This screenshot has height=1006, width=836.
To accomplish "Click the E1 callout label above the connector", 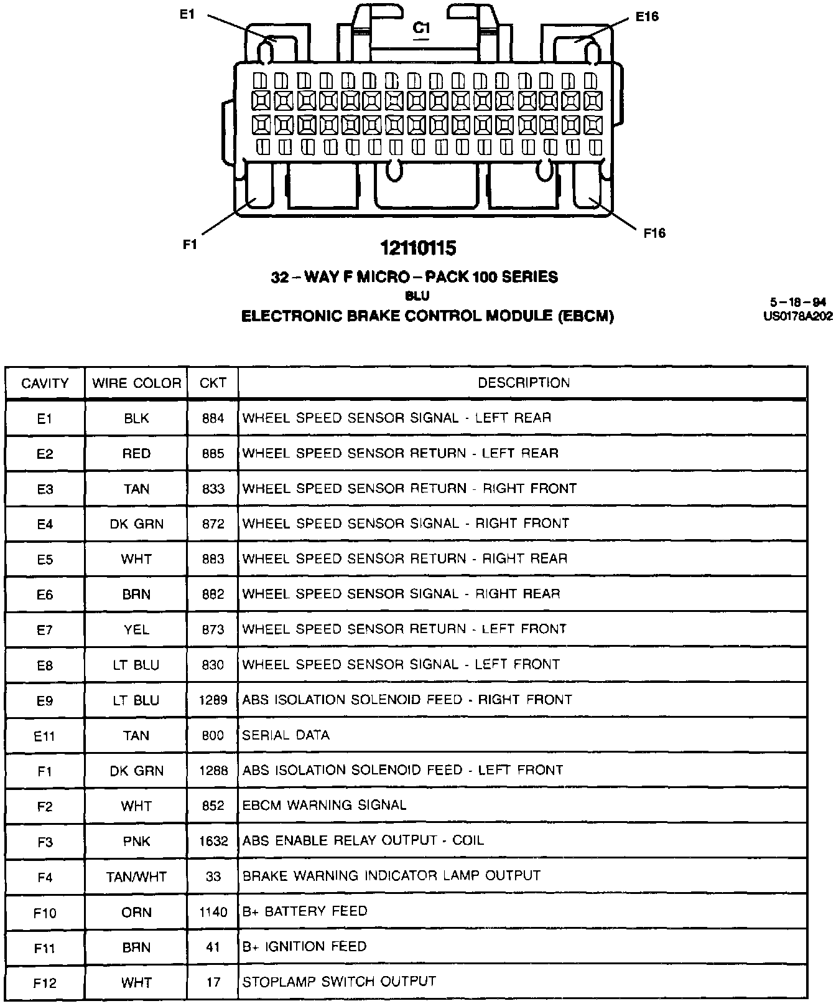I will click(x=188, y=14).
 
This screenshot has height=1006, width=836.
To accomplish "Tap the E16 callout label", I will click(x=647, y=17).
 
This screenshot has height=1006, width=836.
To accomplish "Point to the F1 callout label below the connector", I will click(x=190, y=245).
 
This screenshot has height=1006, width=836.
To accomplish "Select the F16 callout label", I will click(x=654, y=233).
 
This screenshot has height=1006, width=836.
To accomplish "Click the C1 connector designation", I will click(x=422, y=28).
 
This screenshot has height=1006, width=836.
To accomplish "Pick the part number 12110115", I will click(x=419, y=248).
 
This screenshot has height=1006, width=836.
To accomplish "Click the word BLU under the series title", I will click(x=417, y=296).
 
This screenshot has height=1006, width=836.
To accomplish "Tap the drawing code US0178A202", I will click(x=798, y=316).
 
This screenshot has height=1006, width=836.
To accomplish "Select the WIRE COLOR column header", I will click(x=137, y=383).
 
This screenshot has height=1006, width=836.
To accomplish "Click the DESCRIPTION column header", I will click(x=524, y=382).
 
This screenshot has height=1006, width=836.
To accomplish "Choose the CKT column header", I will click(x=213, y=383).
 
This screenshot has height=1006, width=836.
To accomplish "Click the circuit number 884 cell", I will click(x=213, y=418).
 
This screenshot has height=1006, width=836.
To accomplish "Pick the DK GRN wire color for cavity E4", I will click(x=137, y=524).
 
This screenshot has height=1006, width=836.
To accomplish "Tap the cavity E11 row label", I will click(x=45, y=736).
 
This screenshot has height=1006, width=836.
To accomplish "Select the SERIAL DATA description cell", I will click(x=286, y=735).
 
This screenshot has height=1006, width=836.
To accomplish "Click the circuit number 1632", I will click(x=213, y=841).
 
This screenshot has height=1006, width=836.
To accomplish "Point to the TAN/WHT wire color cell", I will click(x=137, y=877).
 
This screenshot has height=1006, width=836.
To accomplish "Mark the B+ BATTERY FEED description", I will click(x=305, y=911).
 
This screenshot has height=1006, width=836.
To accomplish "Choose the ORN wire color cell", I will click(x=137, y=913).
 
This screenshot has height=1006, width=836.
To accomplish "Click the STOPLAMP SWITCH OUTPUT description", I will click(x=339, y=982).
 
